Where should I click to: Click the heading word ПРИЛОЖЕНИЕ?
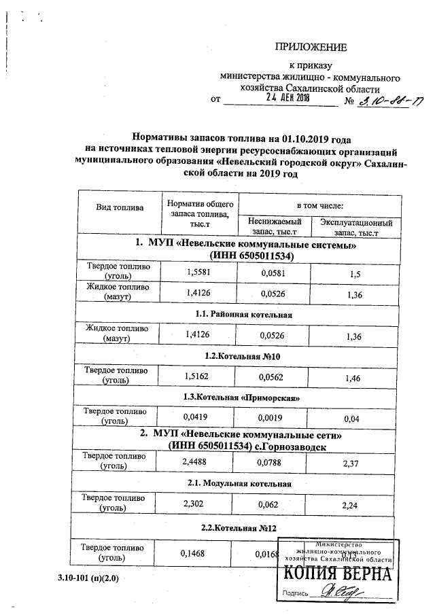311,47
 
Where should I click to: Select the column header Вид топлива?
119,206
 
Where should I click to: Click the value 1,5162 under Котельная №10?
198,374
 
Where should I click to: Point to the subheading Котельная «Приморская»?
243,396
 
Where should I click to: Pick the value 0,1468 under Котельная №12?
195,553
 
